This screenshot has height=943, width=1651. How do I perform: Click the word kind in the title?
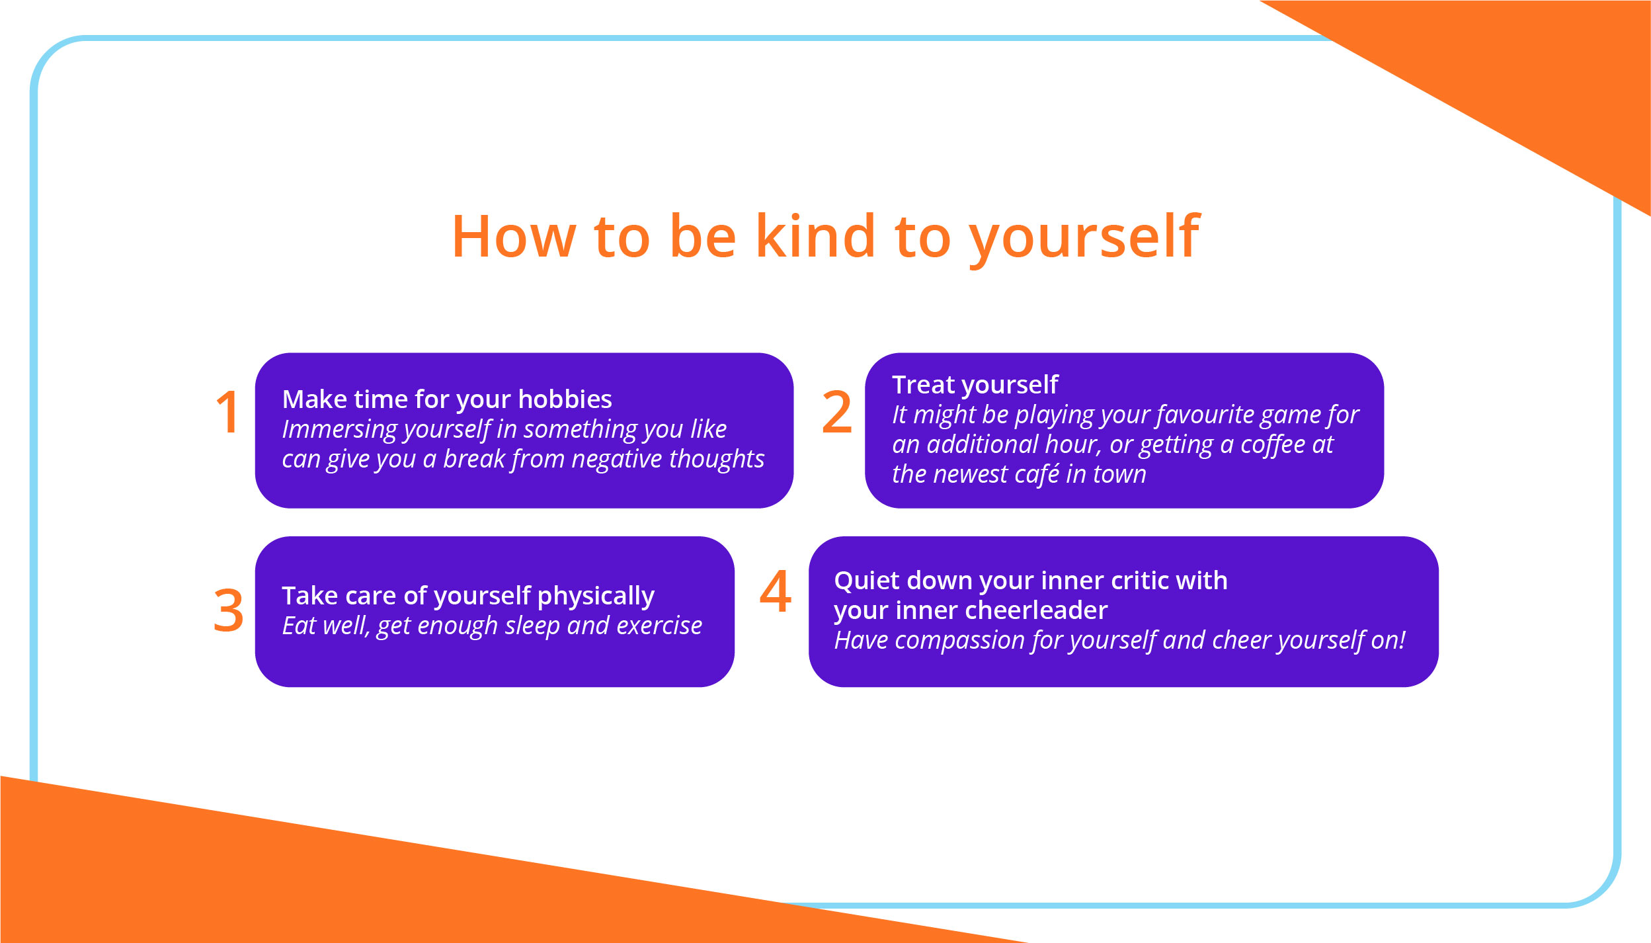tap(815, 236)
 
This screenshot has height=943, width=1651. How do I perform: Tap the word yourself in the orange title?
tap(1084, 238)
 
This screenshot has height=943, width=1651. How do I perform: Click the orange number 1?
tap(227, 413)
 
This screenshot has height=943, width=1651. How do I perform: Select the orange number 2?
tap(836, 413)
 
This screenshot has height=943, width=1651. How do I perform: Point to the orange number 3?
tap(228, 610)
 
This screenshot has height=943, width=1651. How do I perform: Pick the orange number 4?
tap(775, 591)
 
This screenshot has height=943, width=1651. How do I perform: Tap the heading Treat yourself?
tap(975, 385)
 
